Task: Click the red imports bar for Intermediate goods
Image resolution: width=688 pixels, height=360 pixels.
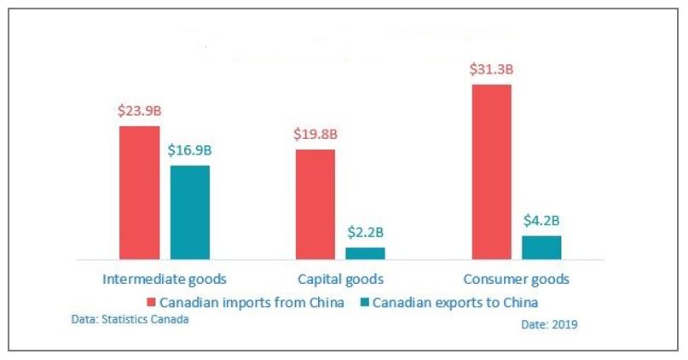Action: [x=139, y=192]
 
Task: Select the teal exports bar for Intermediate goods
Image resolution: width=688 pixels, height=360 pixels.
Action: [x=190, y=212]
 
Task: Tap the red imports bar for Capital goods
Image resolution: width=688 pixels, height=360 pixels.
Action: [x=315, y=204]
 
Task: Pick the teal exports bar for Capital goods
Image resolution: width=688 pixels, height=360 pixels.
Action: [x=365, y=253]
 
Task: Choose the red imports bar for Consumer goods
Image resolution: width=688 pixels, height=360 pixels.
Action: [x=491, y=171]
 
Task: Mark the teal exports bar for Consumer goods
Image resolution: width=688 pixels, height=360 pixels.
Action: [x=541, y=247]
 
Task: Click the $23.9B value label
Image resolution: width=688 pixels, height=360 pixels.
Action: [x=139, y=110]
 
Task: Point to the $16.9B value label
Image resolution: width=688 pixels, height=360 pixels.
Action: [x=190, y=150]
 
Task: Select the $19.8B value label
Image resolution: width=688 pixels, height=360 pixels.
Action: [x=315, y=134]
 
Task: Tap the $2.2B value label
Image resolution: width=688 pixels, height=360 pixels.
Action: [x=366, y=231]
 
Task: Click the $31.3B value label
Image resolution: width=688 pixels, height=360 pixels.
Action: [x=491, y=68]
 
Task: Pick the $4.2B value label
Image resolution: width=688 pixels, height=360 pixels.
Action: [x=541, y=220]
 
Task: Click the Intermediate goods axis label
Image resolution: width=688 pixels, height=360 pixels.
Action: [x=164, y=279]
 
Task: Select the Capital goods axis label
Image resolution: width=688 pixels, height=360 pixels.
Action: [x=341, y=279]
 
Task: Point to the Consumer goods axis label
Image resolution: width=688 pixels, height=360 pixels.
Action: [x=516, y=279]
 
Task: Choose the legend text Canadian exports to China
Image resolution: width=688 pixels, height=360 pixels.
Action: [x=455, y=302]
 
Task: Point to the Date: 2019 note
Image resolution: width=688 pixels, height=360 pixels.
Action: [x=550, y=325]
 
